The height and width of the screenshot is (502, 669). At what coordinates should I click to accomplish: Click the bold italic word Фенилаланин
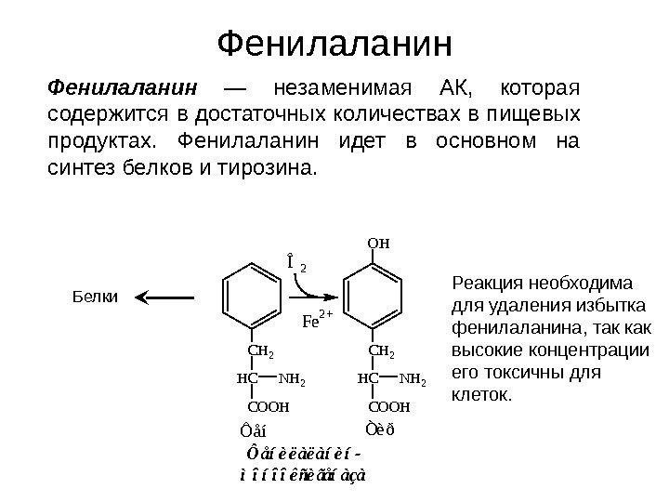(x=123, y=89)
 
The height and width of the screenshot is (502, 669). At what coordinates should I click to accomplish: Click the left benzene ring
(x=253, y=297)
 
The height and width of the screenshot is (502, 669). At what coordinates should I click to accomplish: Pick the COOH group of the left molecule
(x=269, y=407)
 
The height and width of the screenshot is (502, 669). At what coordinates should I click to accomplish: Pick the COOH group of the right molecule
(x=389, y=407)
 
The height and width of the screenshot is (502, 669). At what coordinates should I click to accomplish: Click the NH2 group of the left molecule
(x=292, y=380)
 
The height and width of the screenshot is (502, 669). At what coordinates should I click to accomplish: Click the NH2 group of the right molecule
(x=413, y=380)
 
